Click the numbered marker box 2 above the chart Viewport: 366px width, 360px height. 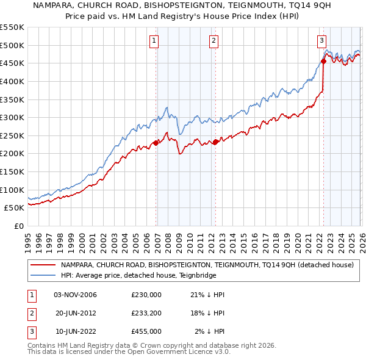click(214, 41)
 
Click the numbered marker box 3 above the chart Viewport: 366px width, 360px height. click(321, 41)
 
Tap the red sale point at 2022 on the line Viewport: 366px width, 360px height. click(323, 60)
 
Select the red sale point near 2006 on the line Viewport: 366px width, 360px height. click(156, 143)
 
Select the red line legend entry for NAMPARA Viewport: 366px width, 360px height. click(207, 265)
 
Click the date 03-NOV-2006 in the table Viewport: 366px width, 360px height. click(75, 295)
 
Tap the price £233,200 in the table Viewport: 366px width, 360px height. click(146, 313)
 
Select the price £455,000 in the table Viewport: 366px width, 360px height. click(146, 331)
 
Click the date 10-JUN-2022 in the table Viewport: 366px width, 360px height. click(75, 331)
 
